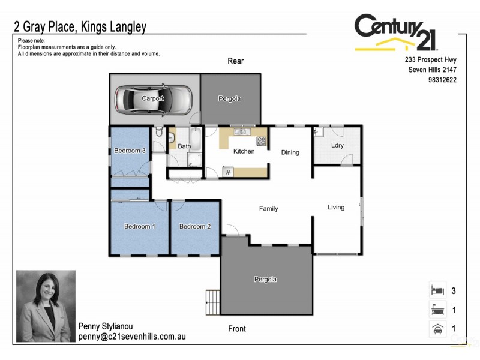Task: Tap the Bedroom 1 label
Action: tap(140, 227)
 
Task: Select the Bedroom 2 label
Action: tap(196, 227)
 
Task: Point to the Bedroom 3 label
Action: tap(130, 151)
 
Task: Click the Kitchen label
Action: tap(244, 151)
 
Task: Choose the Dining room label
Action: tap(290, 152)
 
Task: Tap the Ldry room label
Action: tap(337, 146)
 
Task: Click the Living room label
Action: tap(336, 208)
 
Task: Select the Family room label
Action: tap(268, 209)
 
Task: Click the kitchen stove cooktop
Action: tap(262, 142)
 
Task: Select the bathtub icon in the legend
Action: tap(436, 310)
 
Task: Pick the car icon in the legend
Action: tap(436, 328)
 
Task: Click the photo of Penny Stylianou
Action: tap(46, 306)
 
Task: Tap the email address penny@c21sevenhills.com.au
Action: tap(132, 337)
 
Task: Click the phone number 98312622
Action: tap(443, 80)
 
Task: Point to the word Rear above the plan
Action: tap(236, 61)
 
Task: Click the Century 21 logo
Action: tap(397, 32)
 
